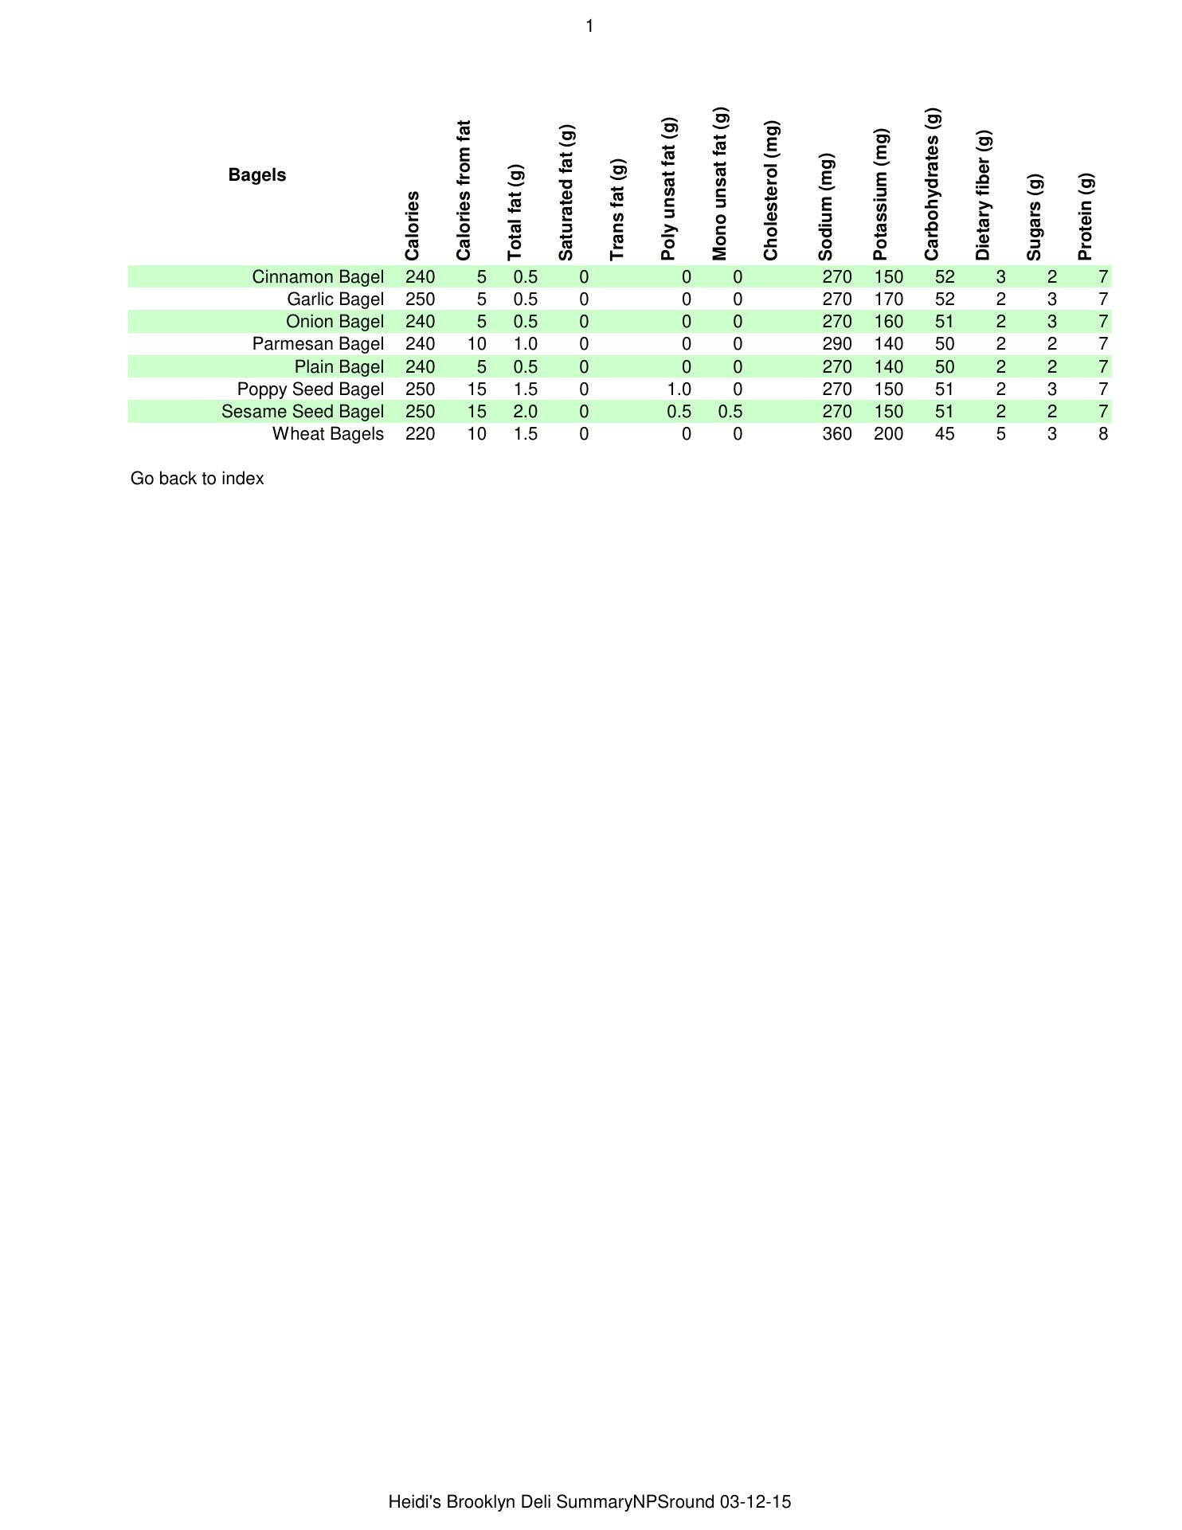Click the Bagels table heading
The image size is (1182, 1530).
click(256, 175)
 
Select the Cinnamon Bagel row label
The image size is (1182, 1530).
click(318, 277)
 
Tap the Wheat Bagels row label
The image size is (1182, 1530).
click(328, 434)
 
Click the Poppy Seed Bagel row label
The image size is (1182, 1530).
click(311, 389)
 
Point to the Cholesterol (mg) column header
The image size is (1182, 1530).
click(771, 191)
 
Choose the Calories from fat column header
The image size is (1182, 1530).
click(464, 191)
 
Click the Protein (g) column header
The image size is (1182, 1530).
click(1086, 217)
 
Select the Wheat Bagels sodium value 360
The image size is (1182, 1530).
click(836, 434)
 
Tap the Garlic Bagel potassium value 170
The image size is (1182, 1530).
click(888, 299)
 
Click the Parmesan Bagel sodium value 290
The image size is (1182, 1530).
click(836, 344)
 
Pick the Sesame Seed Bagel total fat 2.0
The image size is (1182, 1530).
click(525, 412)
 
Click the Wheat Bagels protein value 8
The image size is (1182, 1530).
click(1103, 434)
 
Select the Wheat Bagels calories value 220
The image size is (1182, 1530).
click(420, 434)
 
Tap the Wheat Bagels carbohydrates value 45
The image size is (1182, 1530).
click(945, 434)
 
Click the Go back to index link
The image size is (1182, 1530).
click(197, 479)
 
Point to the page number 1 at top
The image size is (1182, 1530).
click(589, 27)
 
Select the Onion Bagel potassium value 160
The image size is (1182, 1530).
click(888, 322)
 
